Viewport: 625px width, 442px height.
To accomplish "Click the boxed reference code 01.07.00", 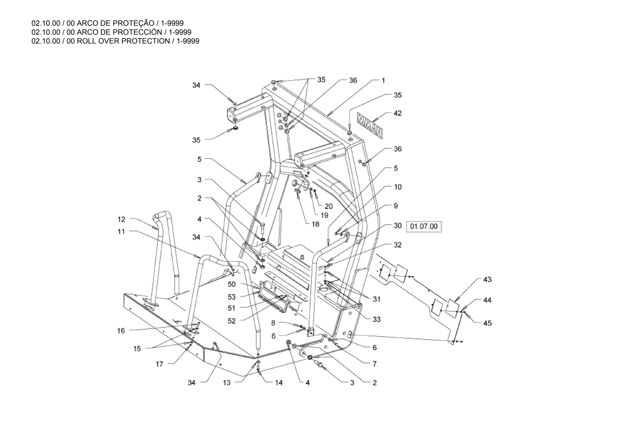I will [x=424, y=226].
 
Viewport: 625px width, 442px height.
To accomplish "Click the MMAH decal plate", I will [x=370, y=125].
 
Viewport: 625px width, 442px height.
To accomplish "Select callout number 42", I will [x=397, y=113].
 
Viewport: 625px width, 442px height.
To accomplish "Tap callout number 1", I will [x=383, y=81].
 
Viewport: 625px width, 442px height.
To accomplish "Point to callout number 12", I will [x=121, y=219].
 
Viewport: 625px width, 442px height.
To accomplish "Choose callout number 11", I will [x=121, y=232].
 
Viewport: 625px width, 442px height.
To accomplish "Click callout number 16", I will [x=121, y=331].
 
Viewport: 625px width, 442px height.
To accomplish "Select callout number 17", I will [x=159, y=364].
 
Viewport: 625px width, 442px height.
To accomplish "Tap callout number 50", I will [x=232, y=284].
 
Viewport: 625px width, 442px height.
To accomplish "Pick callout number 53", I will [x=232, y=297].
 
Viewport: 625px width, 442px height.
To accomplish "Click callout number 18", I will [x=315, y=224].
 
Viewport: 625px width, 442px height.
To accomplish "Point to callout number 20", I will [x=328, y=206].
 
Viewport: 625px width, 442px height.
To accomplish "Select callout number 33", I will [x=377, y=320].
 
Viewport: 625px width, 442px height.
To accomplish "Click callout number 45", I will [x=487, y=323].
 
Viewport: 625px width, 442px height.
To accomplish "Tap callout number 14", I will [x=279, y=383].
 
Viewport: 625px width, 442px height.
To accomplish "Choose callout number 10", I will [x=398, y=187].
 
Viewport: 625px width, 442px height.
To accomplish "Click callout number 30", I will [x=397, y=226].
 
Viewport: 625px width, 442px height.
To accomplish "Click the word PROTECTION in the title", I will [x=145, y=41].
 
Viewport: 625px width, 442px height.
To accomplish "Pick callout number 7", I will [x=374, y=364].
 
